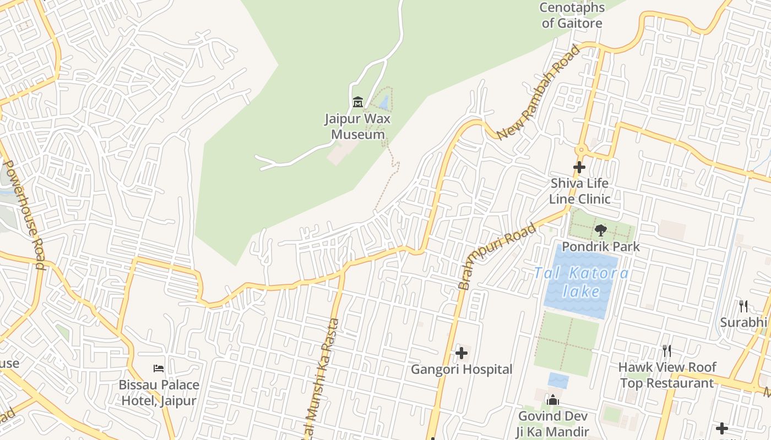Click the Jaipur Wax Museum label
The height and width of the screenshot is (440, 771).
point(357,127)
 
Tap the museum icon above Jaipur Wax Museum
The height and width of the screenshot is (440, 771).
point(358,102)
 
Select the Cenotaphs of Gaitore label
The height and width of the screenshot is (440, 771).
point(572,15)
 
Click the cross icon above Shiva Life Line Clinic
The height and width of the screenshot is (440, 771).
point(579,167)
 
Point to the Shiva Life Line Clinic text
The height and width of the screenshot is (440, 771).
point(579,191)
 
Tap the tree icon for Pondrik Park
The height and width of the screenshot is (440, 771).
point(600,230)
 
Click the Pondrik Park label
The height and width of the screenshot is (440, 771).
point(601,246)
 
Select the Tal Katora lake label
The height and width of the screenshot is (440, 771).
point(581,282)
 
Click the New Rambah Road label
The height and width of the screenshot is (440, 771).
point(538,92)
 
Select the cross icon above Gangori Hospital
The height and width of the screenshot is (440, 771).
point(461,353)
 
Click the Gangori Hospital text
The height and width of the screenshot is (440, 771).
point(461,370)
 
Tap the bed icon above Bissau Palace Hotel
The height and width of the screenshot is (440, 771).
point(159,368)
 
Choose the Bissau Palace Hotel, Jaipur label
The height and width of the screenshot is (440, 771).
point(159,393)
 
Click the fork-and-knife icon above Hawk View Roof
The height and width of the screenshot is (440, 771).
point(666,351)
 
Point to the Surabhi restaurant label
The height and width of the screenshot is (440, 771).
point(743,322)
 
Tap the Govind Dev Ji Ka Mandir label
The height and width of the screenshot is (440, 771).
point(552,424)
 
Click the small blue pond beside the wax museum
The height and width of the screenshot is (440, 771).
point(384,101)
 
